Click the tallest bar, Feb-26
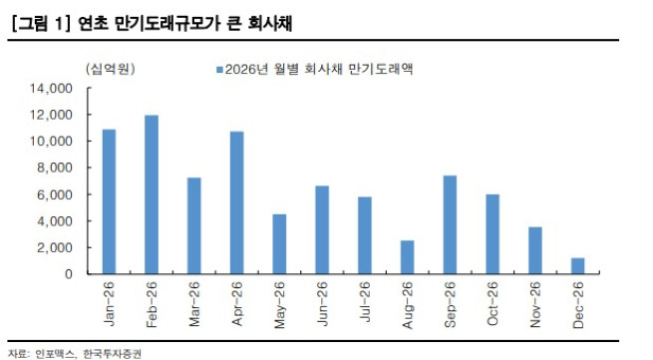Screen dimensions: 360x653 coord(152,194)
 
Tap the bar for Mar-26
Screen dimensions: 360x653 coord(193,225)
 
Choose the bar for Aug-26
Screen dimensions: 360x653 coord(407,256)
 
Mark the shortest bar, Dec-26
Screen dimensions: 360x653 coord(577,265)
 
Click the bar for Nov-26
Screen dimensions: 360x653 coord(534,250)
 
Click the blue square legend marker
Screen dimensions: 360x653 coord(218,69)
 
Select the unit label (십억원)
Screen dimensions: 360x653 coord(110,69)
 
